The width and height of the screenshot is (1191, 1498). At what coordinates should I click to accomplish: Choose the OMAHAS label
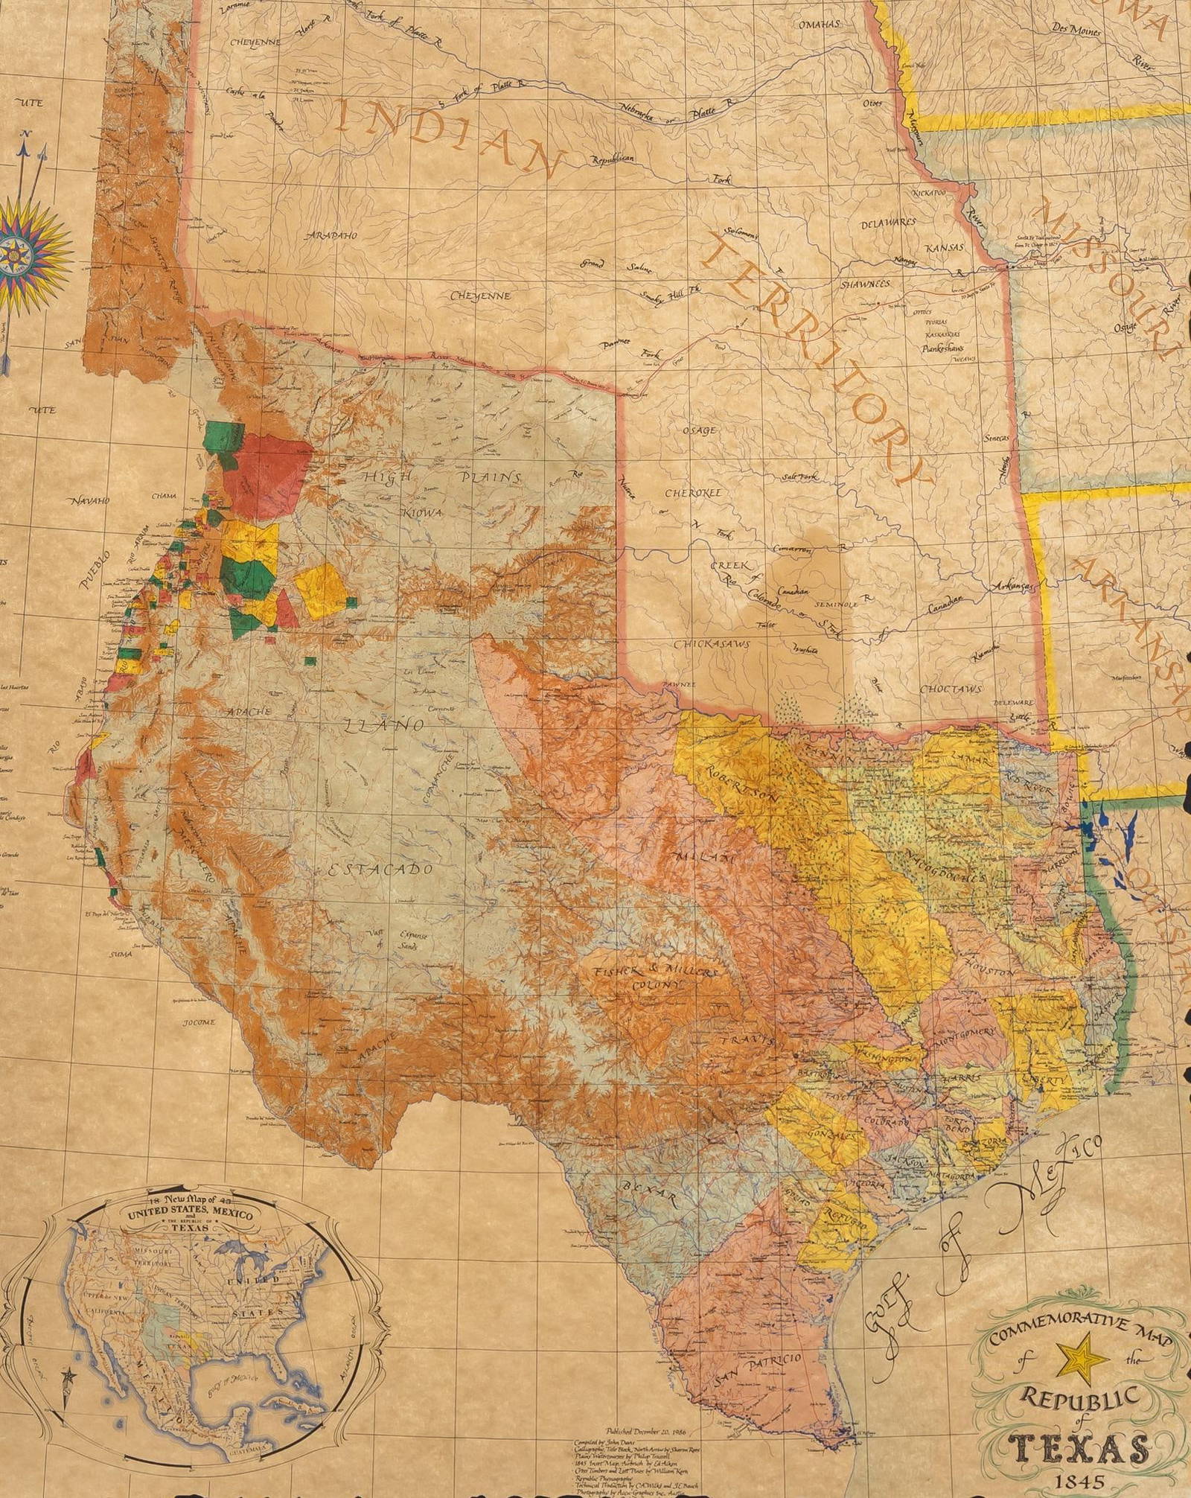pyautogui.click(x=820, y=25)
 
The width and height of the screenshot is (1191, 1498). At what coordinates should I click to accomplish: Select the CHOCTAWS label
pyautogui.click(x=951, y=689)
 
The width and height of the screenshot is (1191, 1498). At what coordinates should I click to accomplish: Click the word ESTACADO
pyautogui.click(x=380, y=870)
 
